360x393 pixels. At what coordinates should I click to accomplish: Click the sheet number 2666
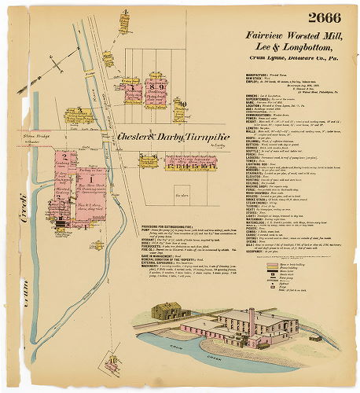tap(329, 18)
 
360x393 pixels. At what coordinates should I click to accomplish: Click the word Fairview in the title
tap(265, 36)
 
